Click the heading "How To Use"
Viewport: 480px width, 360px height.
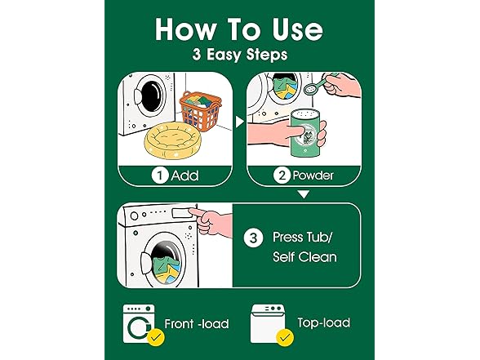[x=239, y=29]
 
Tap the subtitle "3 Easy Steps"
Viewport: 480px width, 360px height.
[x=239, y=56]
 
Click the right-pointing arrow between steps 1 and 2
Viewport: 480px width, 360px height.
[x=239, y=122]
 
